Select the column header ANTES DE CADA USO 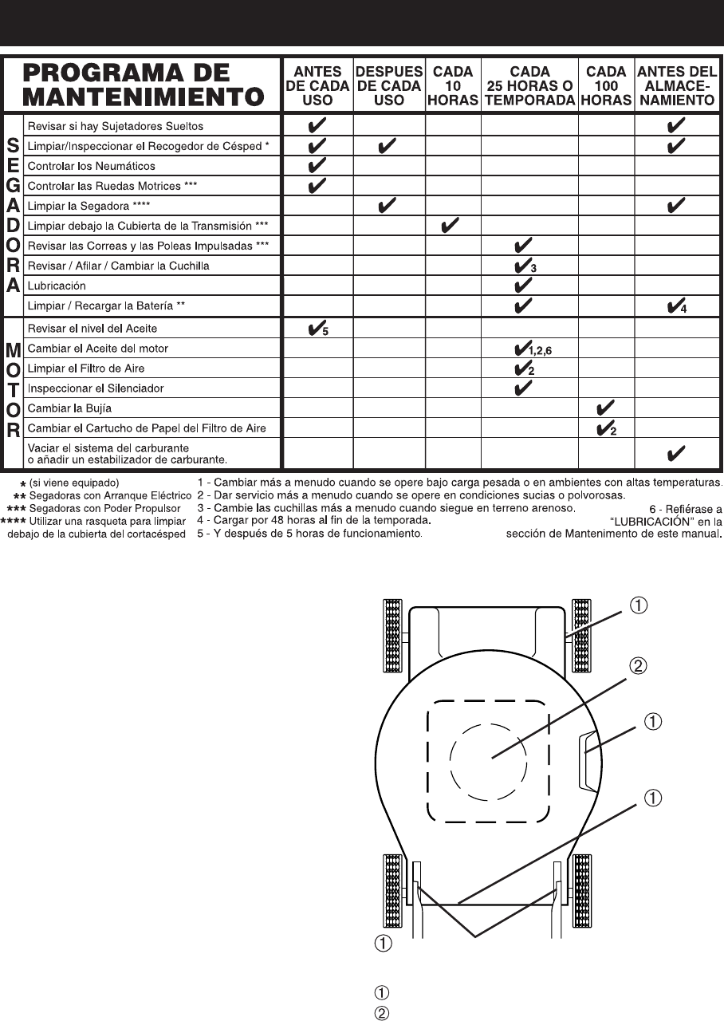point(318,86)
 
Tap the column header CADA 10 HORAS point(452,86)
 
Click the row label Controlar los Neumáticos point(92,166)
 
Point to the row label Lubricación point(57,286)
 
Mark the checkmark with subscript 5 point(317,328)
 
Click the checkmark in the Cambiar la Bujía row point(604,408)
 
